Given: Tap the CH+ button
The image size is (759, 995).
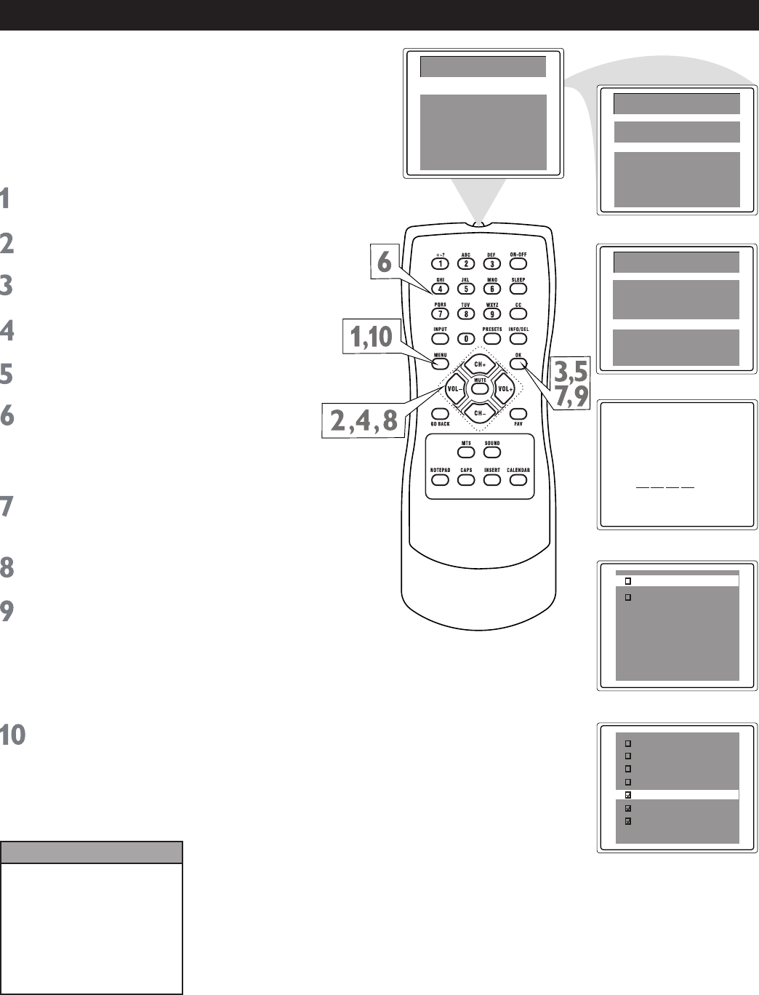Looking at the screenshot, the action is click(x=479, y=363).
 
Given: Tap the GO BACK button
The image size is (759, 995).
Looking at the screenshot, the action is click(x=440, y=414).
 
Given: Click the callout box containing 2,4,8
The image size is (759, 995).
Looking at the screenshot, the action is click(x=361, y=422).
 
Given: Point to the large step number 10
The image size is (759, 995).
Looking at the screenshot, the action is click(x=14, y=735).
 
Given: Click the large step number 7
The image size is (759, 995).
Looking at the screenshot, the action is click(x=7, y=508).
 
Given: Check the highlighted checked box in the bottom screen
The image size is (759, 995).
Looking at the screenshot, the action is click(x=629, y=795).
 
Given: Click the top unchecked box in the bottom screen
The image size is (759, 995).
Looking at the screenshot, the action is click(x=629, y=743).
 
